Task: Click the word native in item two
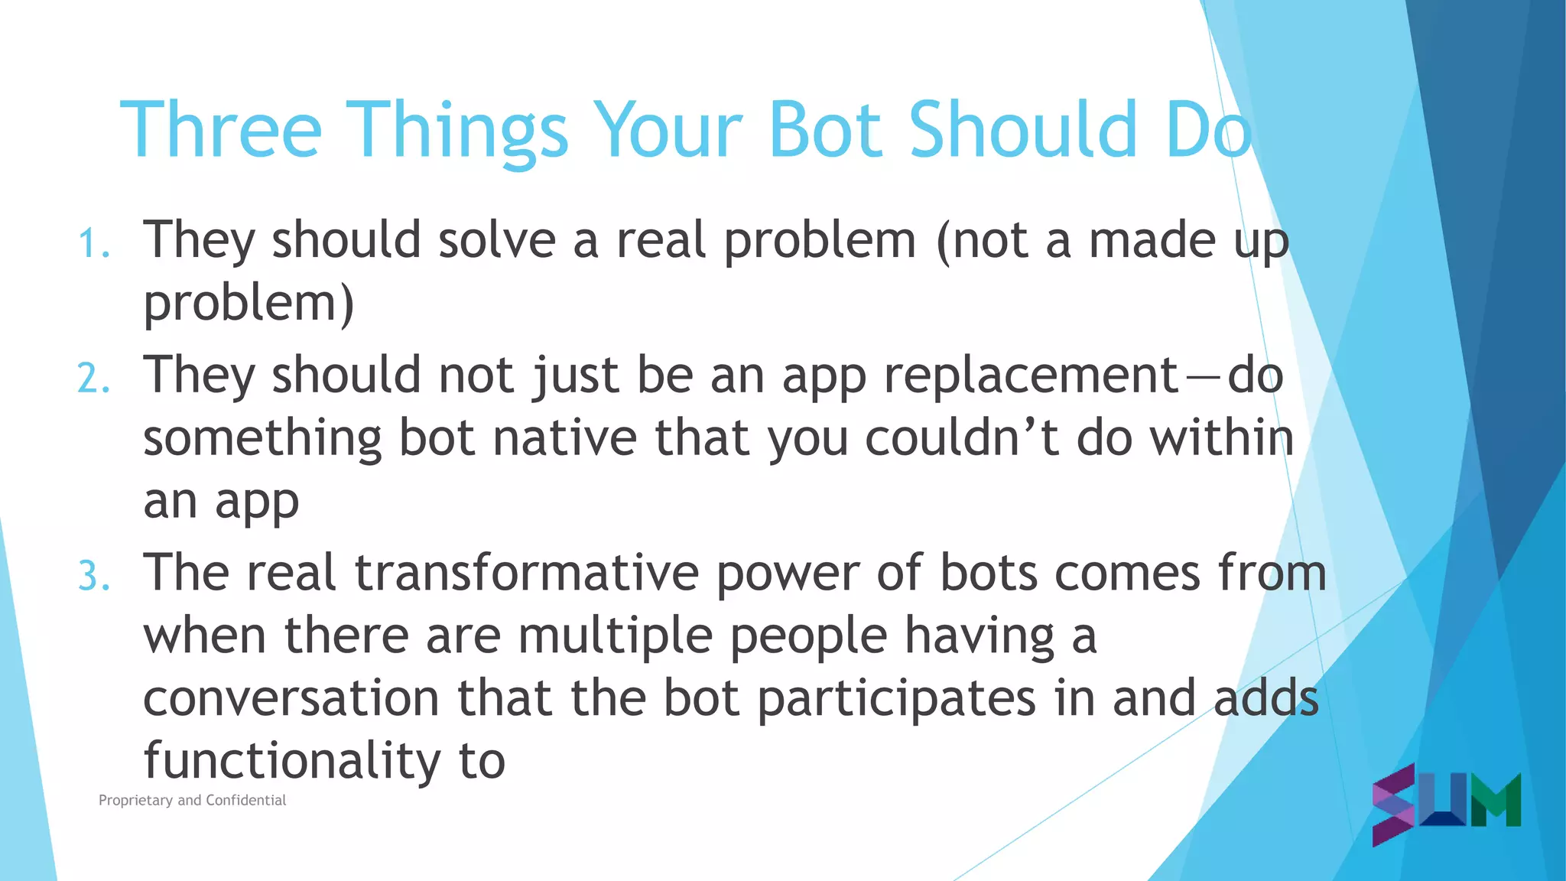tap(564, 439)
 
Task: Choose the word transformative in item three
tap(527, 574)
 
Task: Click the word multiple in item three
tap(615, 636)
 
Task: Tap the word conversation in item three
tap(291, 699)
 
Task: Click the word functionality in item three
tap(291, 762)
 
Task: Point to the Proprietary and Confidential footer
tap(192, 801)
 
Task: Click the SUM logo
tap(1446, 803)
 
